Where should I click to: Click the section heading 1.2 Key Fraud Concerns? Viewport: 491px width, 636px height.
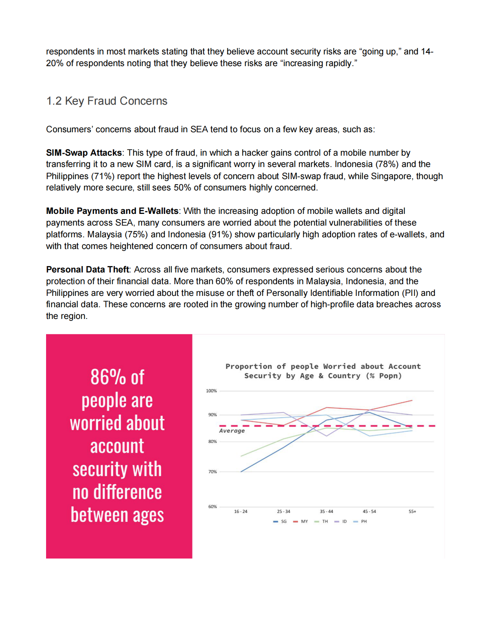(107, 101)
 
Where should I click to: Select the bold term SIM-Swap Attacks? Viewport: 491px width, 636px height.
(84, 153)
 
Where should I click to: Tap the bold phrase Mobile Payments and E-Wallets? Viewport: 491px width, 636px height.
(112, 211)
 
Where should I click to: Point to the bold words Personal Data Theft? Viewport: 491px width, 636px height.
(88, 269)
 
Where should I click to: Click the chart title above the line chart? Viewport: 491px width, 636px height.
(323, 371)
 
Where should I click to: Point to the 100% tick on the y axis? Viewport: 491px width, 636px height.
(211, 391)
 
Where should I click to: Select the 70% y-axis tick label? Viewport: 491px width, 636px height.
(212, 472)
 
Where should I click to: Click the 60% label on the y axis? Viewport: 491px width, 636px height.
(212, 507)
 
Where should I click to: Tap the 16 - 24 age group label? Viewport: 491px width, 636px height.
(241, 512)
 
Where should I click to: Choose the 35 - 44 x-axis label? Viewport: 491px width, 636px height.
(326, 512)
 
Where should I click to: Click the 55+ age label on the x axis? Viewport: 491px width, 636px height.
(412, 512)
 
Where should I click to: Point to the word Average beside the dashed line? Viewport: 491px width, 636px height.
(232, 431)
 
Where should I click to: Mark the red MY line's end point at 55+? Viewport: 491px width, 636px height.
(412, 400)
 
